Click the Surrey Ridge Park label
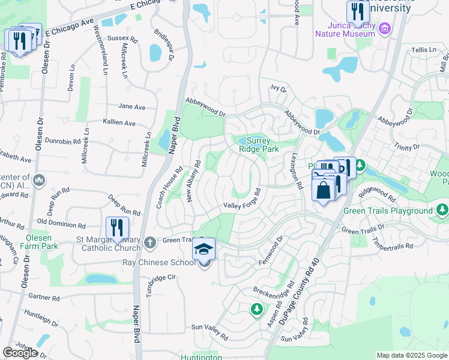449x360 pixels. pos(259,144)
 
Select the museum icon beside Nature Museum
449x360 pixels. pos(385,28)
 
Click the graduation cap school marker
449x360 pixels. pos(204,248)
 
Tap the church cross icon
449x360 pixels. pos(149,242)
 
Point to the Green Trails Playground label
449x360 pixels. pos(388,211)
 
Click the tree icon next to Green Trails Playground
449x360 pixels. pos(442,210)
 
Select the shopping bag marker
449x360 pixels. pos(323,190)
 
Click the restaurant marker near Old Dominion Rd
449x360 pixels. pos(117,228)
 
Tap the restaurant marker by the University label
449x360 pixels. pos(357,11)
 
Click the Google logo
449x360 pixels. pos(20,352)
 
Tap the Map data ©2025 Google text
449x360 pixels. pos(411,355)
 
